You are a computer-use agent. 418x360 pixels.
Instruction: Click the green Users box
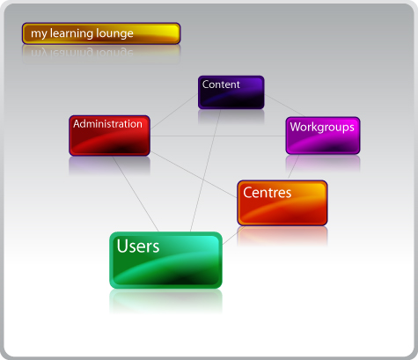click(x=165, y=261)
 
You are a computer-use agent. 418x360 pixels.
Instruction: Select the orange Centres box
click(x=282, y=203)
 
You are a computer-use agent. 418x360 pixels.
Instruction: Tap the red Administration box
click(x=109, y=136)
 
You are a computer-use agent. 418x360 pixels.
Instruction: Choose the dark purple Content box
click(x=231, y=92)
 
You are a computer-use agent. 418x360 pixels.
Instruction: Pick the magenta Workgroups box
click(x=323, y=136)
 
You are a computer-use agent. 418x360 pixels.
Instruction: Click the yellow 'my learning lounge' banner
click(x=101, y=33)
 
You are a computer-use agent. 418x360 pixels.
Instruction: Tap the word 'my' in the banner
click(x=39, y=34)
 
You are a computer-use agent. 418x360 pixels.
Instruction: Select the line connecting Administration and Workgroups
click(x=218, y=136)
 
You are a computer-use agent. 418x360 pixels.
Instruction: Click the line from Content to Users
click(x=205, y=171)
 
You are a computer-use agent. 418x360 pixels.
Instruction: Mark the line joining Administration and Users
click(x=136, y=194)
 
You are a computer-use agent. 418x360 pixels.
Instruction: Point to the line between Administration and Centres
click(x=194, y=174)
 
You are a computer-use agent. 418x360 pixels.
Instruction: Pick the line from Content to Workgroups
click(x=284, y=106)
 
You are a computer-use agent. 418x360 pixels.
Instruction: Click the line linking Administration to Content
click(x=174, y=112)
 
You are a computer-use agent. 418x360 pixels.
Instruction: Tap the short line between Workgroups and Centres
click(x=293, y=167)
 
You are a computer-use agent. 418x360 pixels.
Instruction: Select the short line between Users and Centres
click(x=233, y=235)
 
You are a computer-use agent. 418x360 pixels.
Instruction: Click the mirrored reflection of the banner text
click(x=82, y=54)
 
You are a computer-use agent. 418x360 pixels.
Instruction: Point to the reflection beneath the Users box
click(x=165, y=302)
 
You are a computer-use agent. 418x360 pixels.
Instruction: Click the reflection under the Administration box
click(x=109, y=166)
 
